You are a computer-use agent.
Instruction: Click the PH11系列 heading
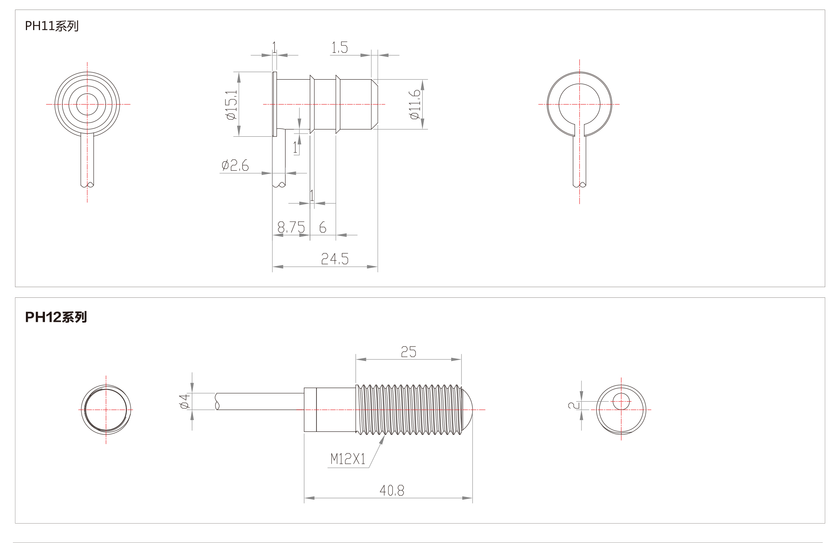pos(52,26)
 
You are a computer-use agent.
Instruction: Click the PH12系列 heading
pos(56,317)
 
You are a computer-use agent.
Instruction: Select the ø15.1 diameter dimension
pos(231,105)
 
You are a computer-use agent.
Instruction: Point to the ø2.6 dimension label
pos(235,165)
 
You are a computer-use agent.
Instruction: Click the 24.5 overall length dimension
pos(335,259)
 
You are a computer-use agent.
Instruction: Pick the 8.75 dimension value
pos(291,227)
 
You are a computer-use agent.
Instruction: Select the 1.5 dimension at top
pos(339,48)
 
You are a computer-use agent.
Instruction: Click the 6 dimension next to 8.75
pos(323,227)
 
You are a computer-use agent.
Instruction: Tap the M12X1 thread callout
pos(348,459)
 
